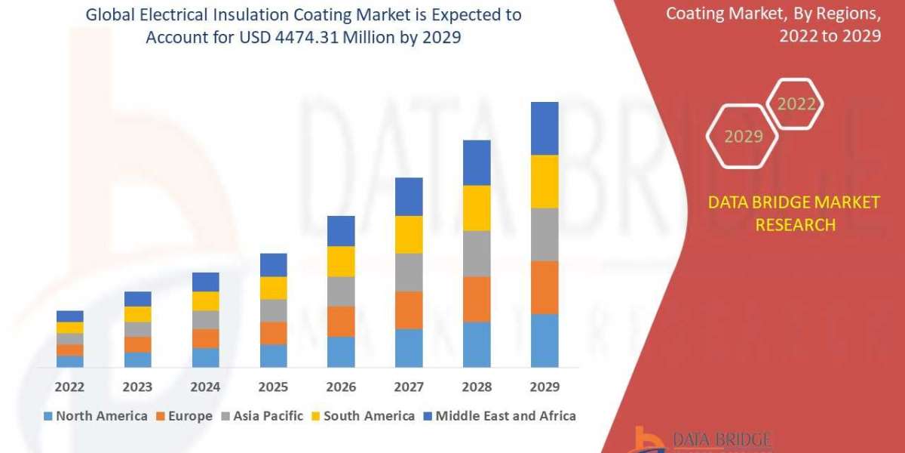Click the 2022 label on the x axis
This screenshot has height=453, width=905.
pyautogui.click(x=70, y=387)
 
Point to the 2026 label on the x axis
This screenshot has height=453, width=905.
pyautogui.click(x=341, y=387)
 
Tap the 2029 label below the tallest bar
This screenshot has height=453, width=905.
pyautogui.click(x=545, y=387)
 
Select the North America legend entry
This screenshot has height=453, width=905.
pyautogui.click(x=95, y=416)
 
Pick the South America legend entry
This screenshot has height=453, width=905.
pyautogui.click(x=362, y=416)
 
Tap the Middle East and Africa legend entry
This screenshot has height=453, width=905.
pyautogui.click(x=499, y=416)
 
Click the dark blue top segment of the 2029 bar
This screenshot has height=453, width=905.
pyautogui.click(x=545, y=128)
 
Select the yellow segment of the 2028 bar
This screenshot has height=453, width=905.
pyautogui.click(x=477, y=208)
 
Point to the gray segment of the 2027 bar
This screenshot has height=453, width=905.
pyautogui.click(x=409, y=272)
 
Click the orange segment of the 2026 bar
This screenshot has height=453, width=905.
pyautogui.click(x=341, y=321)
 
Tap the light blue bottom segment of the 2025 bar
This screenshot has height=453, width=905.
pyautogui.click(x=274, y=356)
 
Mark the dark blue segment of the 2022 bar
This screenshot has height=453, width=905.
pyautogui.click(x=70, y=316)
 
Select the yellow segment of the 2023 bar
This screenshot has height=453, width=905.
pyautogui.click(x=138, y=314)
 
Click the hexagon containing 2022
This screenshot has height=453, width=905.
pyautogui.click(x=796, y=104)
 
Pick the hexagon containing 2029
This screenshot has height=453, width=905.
pyautogui.click(x=744, y=137)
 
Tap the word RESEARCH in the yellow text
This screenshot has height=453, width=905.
pyautogui.click(x=795, y=224)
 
